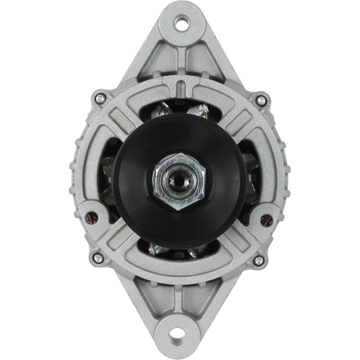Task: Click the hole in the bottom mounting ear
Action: click(x=179, y=335)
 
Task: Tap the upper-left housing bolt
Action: click(x=100, y=97)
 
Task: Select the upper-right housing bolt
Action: click(x=261, y=100)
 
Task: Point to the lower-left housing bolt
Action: click(x=98, y=258)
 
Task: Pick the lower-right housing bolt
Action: click(x=258, y=260)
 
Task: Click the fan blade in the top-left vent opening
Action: click(x=162, y=109)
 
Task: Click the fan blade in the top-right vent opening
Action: click(x=198, y=109)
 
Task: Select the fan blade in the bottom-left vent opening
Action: click(x=160, y=249)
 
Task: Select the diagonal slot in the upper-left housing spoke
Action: click(x=118, y=118)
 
